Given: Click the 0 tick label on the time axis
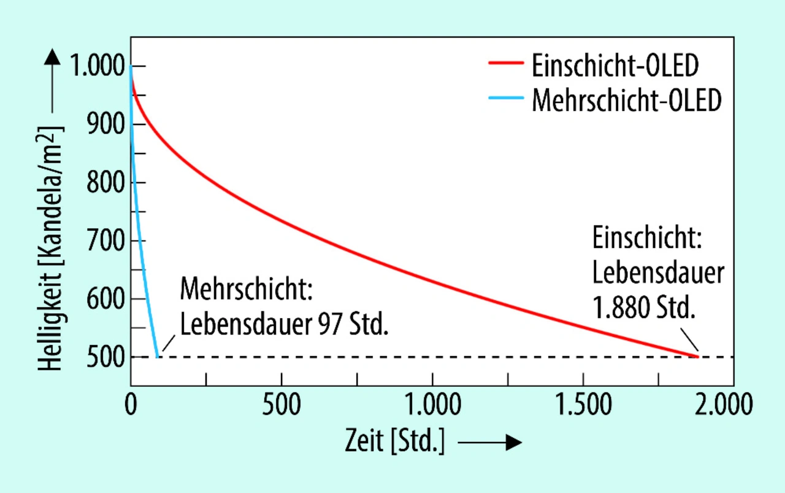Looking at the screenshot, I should pyautogui.click(x=131, y=406).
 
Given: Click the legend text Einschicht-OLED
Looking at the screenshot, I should pyautogui.click(x=615, y=66).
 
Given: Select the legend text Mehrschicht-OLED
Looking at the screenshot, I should pyautogui.click(x=626, y=100).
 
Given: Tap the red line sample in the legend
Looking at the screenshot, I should pyautogui.click(x=506, y=63).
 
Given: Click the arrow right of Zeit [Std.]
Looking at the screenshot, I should pyautogui.click(x=490, y=443).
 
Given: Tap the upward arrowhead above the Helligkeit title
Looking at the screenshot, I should pyautogui.click(x=53, y=58).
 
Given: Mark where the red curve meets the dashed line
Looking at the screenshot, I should pyautogui.click(x=697, y=356).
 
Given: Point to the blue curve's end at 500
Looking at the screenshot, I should pyautogui.click(x=157, y=356).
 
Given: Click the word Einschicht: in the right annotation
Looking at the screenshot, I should pyautogui.click(x=646, y=239).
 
